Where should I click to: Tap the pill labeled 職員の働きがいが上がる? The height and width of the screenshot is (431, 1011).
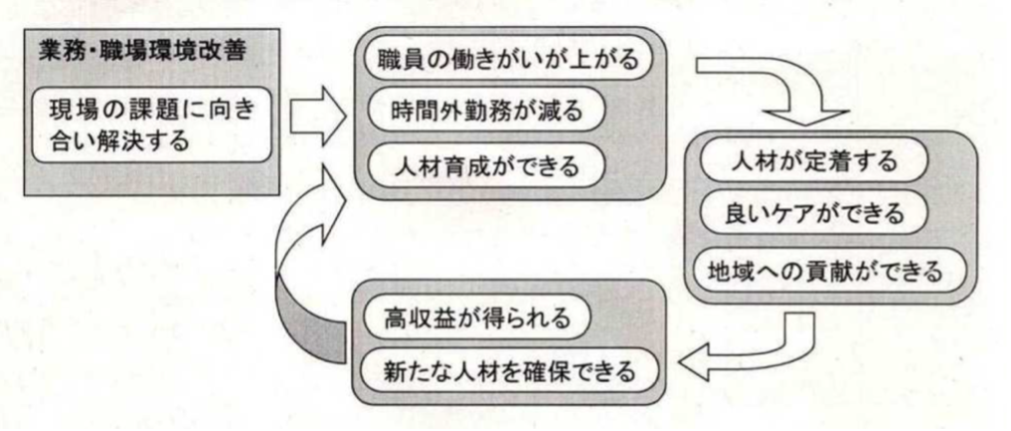point(507,59)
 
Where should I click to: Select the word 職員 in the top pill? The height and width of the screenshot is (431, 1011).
point(402,59)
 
